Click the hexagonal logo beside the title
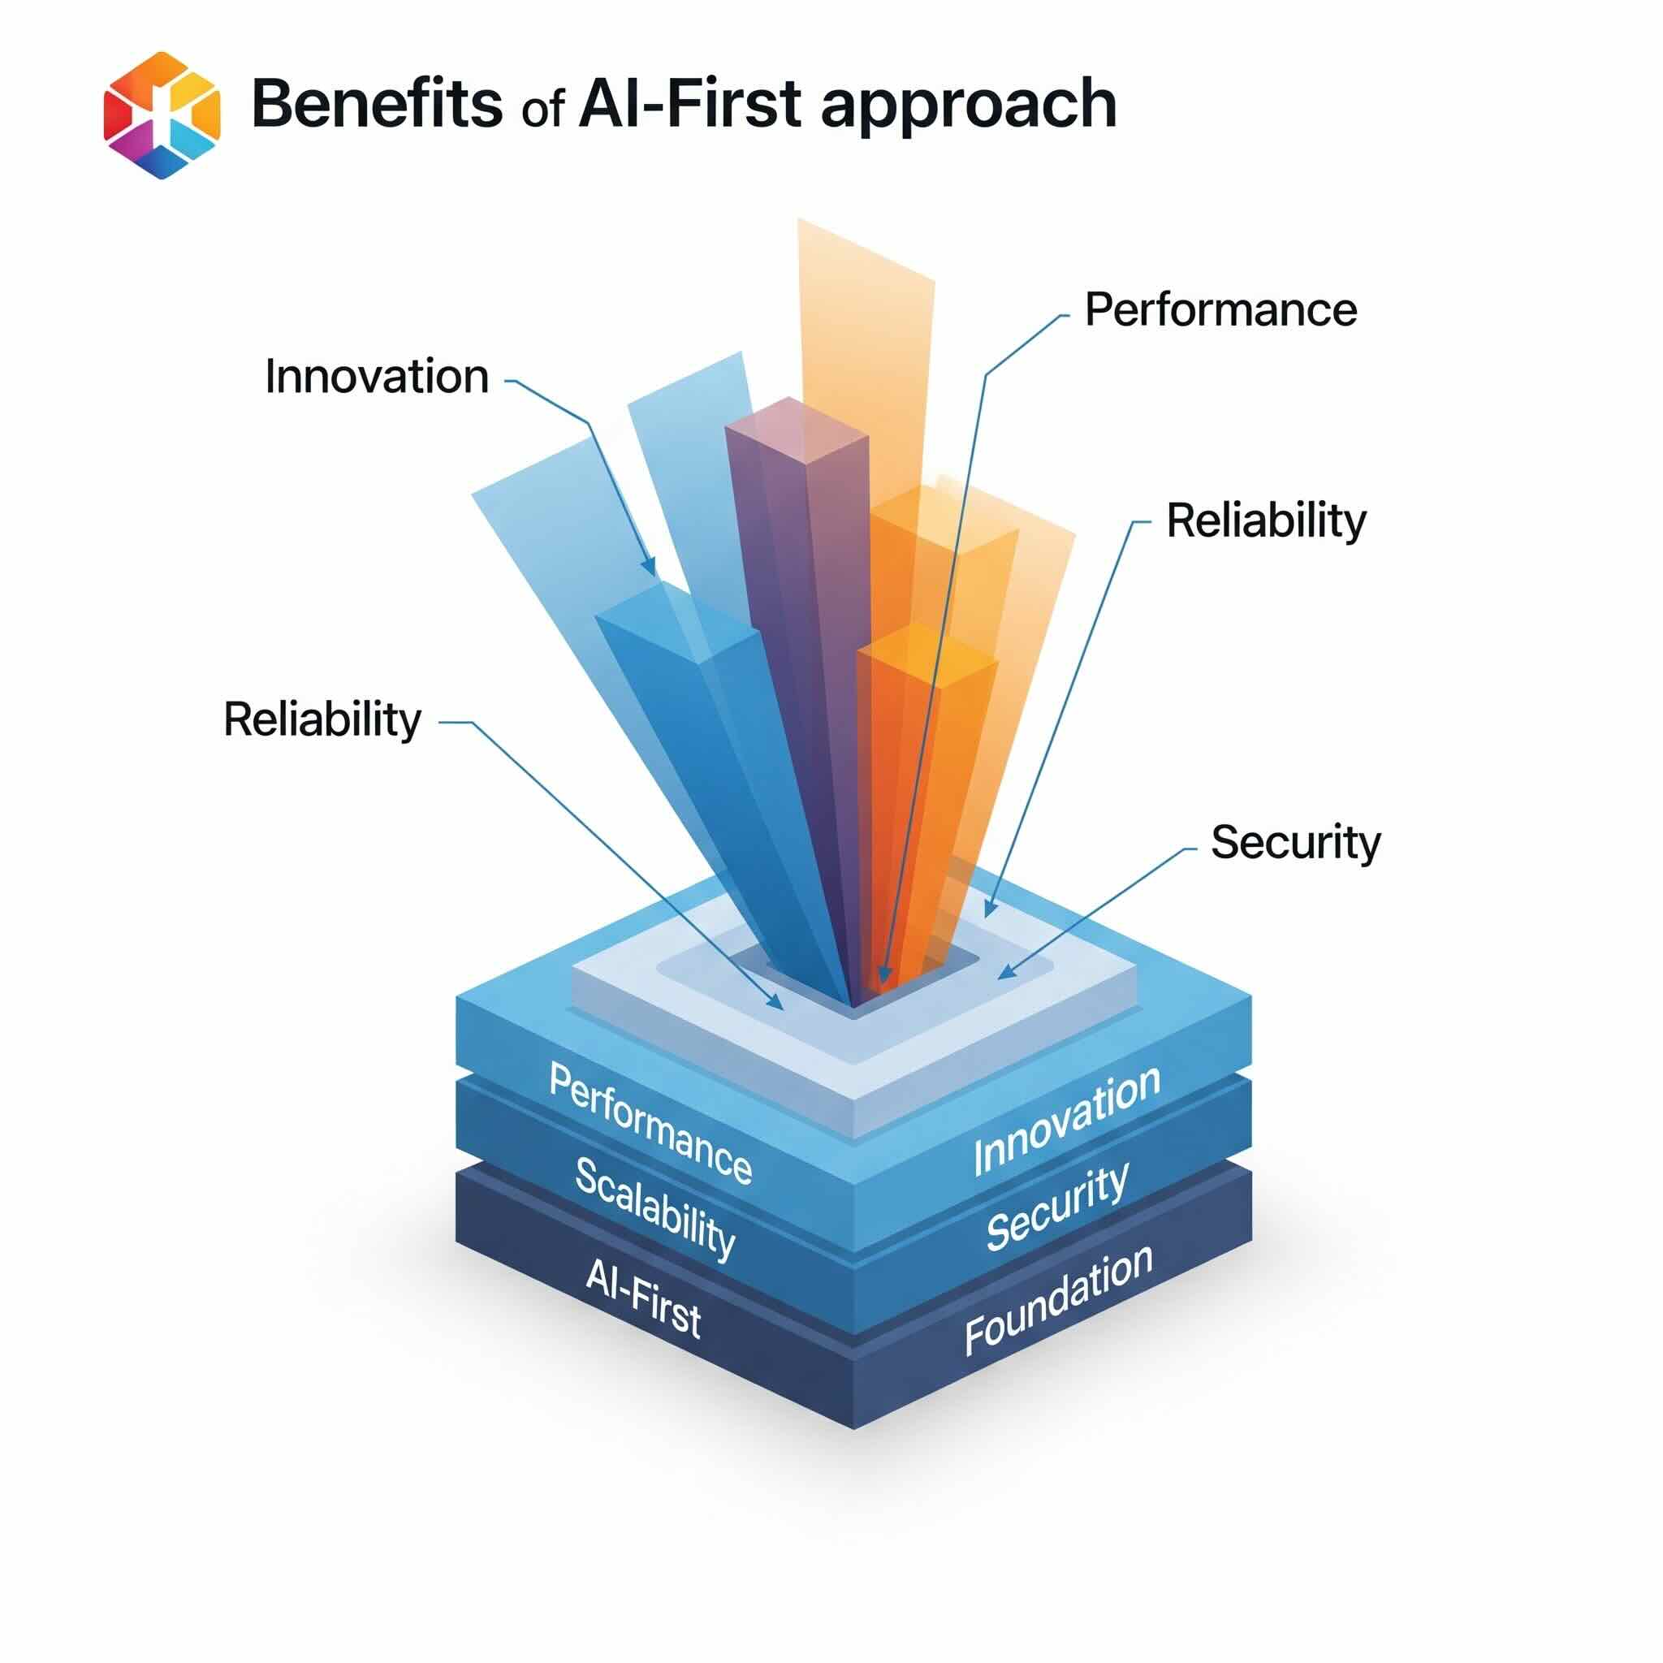[162, 114]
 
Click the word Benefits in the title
[376, 104]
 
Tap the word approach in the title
[969, 106]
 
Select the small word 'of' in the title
[542, 110]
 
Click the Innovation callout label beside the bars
[377, 376]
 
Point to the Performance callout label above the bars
[1220, 309]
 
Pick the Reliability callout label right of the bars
[1266, 520]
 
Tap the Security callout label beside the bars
[1295, 842]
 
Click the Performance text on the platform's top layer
[650, 1123]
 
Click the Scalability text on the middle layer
[655, 1208]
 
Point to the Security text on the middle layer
[1058, 1207]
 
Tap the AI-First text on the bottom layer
[643, 1296]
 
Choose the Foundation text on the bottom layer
[1059, 1300]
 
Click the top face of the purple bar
[797, 425]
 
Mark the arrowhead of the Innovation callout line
[650, 568]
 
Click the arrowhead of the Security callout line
[1006, 972]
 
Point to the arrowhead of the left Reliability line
[776, 1002]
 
